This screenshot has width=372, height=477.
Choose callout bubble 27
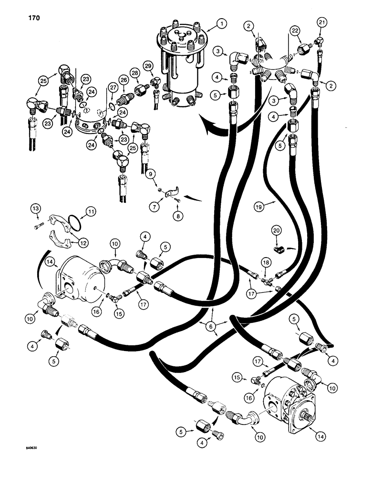tap(113, 88)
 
